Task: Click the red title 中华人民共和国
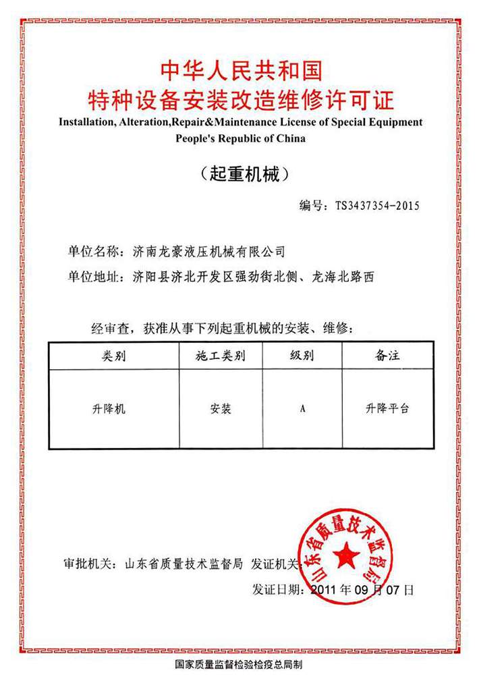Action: (x=239, y=70)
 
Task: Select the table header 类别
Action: (x=113, y=356)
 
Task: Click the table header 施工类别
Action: (x=221, y=356)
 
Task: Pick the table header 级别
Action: (x=302, y=356)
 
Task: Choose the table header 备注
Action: (x=387, y=356)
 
